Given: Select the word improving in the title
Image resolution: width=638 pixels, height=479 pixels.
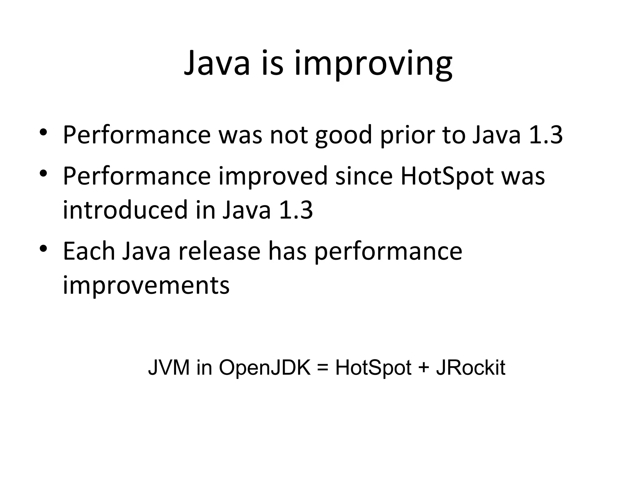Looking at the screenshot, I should click(x=373, y=65).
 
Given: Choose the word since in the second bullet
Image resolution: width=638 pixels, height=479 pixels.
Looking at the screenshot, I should click(x=364, y=176).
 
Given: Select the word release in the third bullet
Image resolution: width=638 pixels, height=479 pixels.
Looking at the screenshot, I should click(x=219, y=251).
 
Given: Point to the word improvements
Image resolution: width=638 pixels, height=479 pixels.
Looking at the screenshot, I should click(x=146, y=285).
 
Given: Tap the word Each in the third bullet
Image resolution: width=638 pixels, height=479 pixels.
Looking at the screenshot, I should click(x=89, y=251).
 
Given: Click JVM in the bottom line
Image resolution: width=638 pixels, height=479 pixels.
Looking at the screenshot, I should click(x=169, y=367).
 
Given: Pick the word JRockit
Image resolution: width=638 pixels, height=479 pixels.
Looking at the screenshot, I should click(x=470, y=367).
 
